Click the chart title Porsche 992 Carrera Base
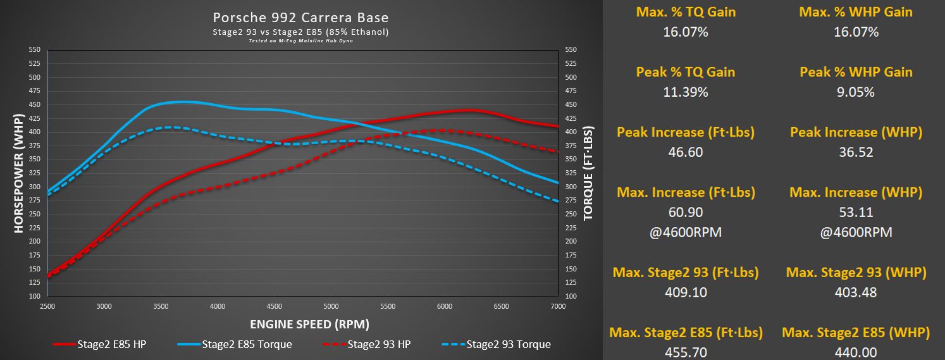300,17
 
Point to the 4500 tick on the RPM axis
275,306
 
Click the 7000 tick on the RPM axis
558,306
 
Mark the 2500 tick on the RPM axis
48,306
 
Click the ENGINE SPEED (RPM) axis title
309,324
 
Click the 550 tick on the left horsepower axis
35,49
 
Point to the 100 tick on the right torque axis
571,296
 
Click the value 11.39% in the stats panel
685,92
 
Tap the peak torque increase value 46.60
685,152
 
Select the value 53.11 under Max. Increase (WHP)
856,212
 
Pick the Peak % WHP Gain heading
856,71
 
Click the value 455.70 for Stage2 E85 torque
685,352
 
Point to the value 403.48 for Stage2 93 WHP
856,292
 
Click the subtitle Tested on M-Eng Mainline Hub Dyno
300,40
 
